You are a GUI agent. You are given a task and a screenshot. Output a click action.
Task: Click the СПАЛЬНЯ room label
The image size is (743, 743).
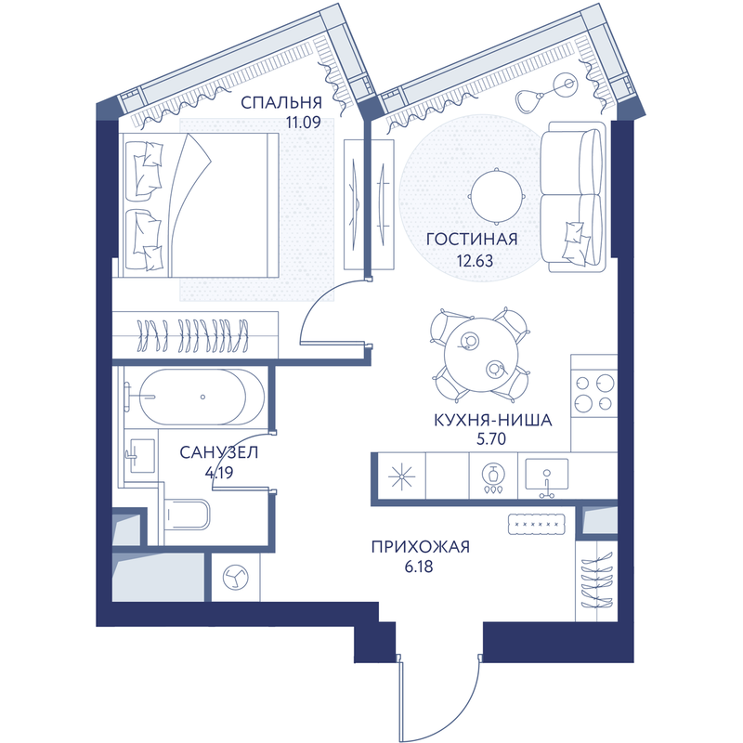pos(281,102)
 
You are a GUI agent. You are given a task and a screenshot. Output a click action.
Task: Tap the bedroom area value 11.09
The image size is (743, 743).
pos(304,123)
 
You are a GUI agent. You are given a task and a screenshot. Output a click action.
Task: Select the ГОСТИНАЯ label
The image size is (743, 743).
pos(472,240)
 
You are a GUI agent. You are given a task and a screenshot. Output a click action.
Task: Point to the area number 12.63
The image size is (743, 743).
pos(475,261)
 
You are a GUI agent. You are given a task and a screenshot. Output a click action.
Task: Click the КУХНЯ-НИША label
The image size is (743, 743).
pos(493,420)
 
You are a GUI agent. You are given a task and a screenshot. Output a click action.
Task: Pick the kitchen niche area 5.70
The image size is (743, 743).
pos(491,439)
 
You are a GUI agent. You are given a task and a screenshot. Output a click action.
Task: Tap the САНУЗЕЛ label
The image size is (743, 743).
pos(219,452)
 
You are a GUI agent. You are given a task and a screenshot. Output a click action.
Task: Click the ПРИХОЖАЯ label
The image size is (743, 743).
pos(421,547)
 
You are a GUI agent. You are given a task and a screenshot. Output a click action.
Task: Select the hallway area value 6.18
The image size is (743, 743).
pos(419,567)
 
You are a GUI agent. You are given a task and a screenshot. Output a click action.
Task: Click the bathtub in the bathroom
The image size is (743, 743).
pos(202,398)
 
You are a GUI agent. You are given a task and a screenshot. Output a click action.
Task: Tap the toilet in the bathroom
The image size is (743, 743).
pos(187,515)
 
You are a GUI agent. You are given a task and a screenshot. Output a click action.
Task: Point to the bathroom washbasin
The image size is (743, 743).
pos(141,455)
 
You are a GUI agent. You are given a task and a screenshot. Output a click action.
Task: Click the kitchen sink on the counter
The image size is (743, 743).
pos(546,476)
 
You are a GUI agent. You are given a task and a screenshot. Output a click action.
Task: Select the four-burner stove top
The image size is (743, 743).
pos(594,392)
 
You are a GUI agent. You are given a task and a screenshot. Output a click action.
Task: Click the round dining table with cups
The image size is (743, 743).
pos(481,355)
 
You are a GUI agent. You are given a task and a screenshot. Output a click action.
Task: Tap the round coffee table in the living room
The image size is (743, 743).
pos(497,196)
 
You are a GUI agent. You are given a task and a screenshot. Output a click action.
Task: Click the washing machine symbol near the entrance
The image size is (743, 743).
pos(236,578)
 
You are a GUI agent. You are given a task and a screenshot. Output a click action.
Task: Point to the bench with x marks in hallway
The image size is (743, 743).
pos(537,524)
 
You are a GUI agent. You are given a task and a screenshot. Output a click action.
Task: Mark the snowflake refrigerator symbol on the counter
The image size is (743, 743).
pos(402,476)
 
